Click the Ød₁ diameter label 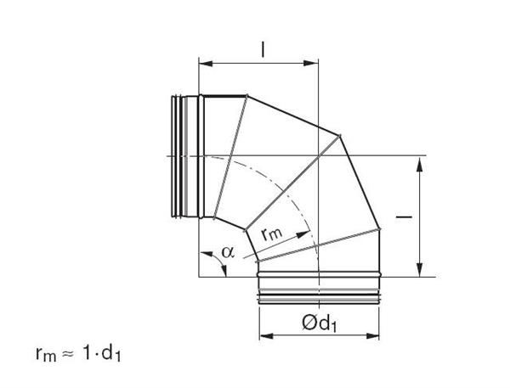coord(319,323)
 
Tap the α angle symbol coord(228,251)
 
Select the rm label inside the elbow coord(272,234)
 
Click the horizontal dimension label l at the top coord(263,50)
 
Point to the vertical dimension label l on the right coord(404,216)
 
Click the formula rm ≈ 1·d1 coord(78,353)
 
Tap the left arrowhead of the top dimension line coord(206,63)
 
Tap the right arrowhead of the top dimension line coord(311,63)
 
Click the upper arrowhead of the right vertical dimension coord(420,164)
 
